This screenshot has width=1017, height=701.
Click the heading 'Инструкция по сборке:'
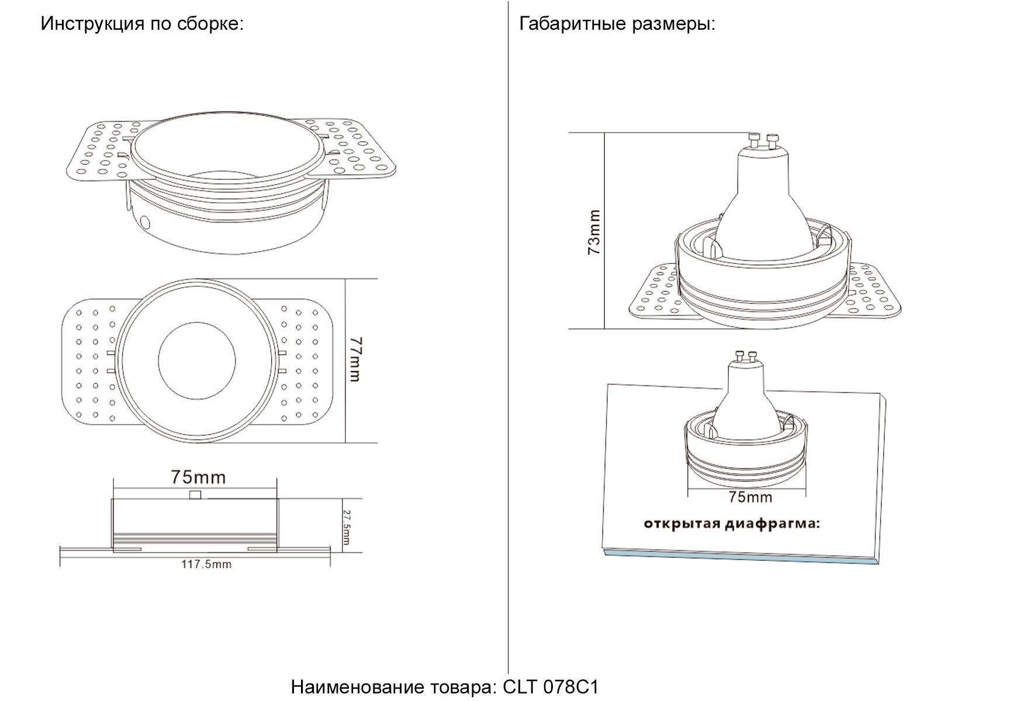141,24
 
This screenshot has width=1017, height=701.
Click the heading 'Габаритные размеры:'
617,24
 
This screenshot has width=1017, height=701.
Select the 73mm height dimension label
594,232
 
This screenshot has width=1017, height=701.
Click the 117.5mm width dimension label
206,564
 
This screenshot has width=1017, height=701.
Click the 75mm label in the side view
198,477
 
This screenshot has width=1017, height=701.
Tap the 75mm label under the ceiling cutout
750,497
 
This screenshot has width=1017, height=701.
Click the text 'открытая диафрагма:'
731,523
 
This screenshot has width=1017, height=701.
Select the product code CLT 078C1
551,687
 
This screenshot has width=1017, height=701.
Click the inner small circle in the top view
197,360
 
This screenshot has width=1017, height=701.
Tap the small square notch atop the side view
196,495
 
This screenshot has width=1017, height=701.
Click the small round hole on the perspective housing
144,222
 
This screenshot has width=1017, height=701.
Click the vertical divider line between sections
508,350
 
